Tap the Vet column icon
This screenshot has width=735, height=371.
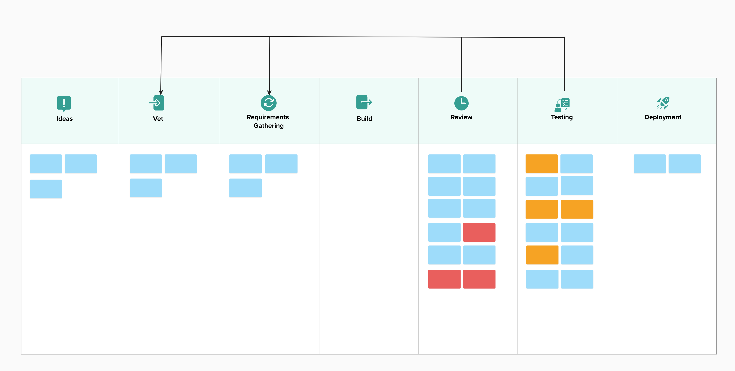coord(157,103)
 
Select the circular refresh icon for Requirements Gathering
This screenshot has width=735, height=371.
coord(268,103)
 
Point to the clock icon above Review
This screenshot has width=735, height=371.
coord(461,103)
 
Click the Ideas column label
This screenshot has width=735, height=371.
coord(64,119)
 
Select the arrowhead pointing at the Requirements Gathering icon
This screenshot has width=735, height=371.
coord(269,92)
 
